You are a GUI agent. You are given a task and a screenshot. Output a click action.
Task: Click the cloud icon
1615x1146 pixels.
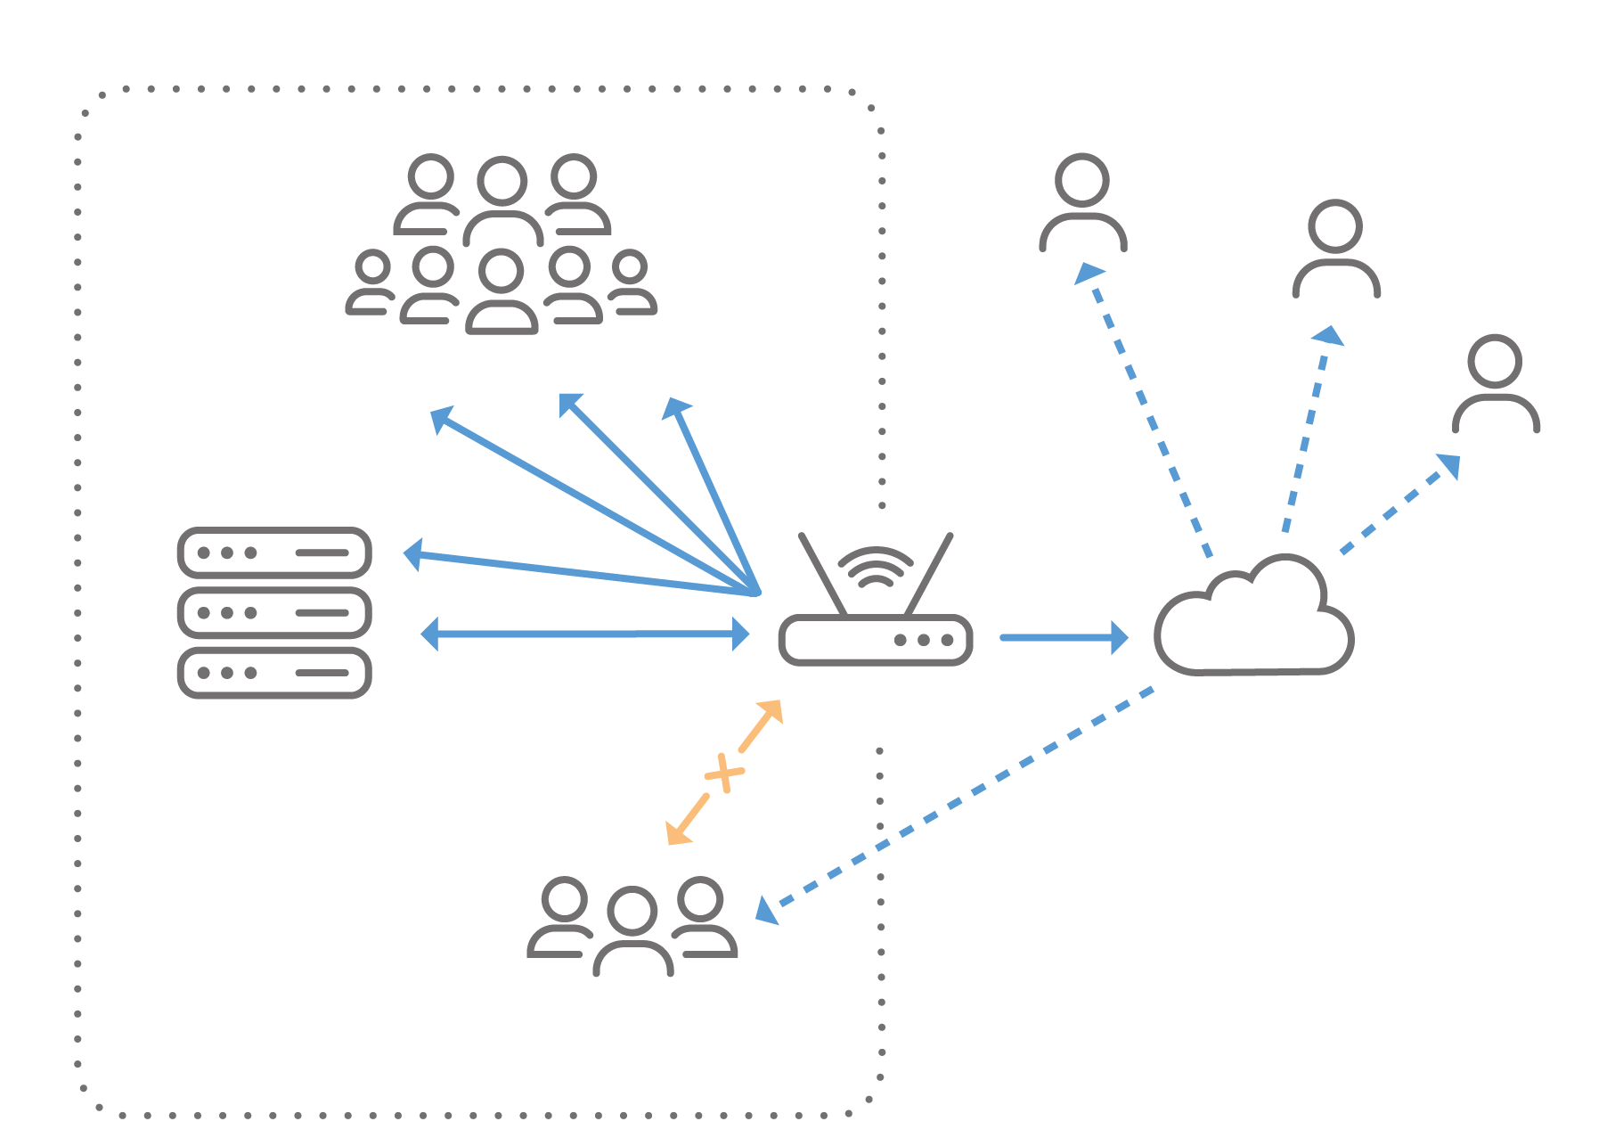pyautogui.click(x=1254, y=619)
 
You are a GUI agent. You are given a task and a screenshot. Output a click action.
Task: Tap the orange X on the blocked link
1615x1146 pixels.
pyautogui.click(x=724, y=773)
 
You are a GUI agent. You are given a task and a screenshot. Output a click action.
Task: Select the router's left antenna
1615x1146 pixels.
pyautogui.click(x=822, y=574)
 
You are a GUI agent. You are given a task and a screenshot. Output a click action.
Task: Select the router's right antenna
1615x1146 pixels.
pyautogui.click(x=930, y=574)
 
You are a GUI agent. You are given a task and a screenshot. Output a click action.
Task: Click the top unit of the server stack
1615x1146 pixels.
pyautogui.click(x=274, y=553)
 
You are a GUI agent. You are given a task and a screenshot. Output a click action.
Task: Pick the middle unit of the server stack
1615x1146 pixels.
pyautogui.click(x=274, y=613)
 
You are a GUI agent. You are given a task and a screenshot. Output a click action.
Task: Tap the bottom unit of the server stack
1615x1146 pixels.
pyautogui.click(x=274, y=673)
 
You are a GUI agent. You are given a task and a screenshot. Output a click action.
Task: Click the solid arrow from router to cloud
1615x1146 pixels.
pyautogui.click(x=1064, y=638)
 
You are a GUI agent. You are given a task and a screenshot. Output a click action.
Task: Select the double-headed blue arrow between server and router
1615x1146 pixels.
pyautogui.click(x=584, y=634)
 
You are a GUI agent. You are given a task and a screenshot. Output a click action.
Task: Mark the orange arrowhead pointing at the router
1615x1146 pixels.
pyautogui.click(x=771, y=711)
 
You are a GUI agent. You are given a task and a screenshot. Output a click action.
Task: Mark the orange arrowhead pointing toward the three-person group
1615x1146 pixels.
pyautogui.click(x=678, y=832)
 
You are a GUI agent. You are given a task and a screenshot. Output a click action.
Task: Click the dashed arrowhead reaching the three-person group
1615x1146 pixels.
pyautogui.click(x=766, y=911)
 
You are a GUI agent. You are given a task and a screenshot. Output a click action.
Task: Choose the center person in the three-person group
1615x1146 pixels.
pyautogui.click(x=632, y=931)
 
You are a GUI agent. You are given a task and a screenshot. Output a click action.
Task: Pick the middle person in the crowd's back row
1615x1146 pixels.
pyautogui.click(x=502, y=201)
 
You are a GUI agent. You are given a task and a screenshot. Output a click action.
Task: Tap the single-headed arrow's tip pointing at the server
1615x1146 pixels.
pyautogui.click(x=413, y=553)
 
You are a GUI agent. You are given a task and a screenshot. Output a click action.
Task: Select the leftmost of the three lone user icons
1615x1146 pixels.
pyautogui.click(x=1082, y=203)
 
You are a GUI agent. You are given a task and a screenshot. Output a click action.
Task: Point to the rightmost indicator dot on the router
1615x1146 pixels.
pyautogui.click(x=947, y=640)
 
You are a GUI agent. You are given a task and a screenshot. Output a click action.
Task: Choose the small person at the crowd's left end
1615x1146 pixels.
pyautogui.click(x=371, y=282)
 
